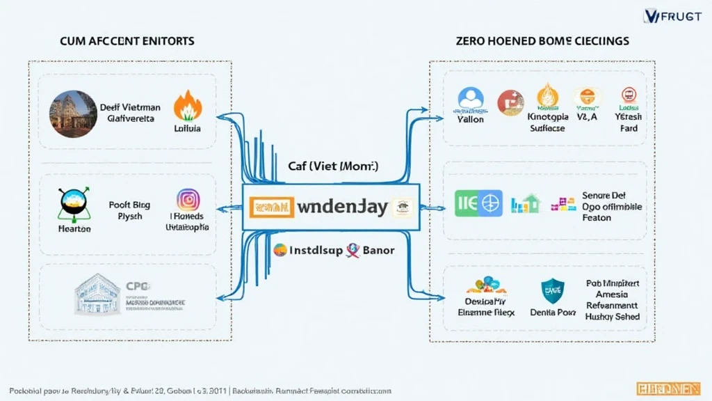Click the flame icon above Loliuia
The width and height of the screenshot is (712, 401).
point(188,107)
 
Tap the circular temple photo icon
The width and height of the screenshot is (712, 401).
point(72,113)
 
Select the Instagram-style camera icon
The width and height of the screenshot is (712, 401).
point(188,200)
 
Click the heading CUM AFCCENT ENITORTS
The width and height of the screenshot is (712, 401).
point(127,42)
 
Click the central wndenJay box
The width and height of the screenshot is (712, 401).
point(330,207)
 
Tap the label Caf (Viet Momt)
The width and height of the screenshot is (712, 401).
point(333,167)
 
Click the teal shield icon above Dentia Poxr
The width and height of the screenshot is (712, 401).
point(553,290)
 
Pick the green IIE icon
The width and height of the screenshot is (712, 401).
point(466,204)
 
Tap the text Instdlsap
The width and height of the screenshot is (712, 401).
point(315,251)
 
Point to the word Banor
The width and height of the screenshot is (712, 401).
point(378,251)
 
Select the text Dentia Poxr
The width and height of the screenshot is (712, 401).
point(553,313)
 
